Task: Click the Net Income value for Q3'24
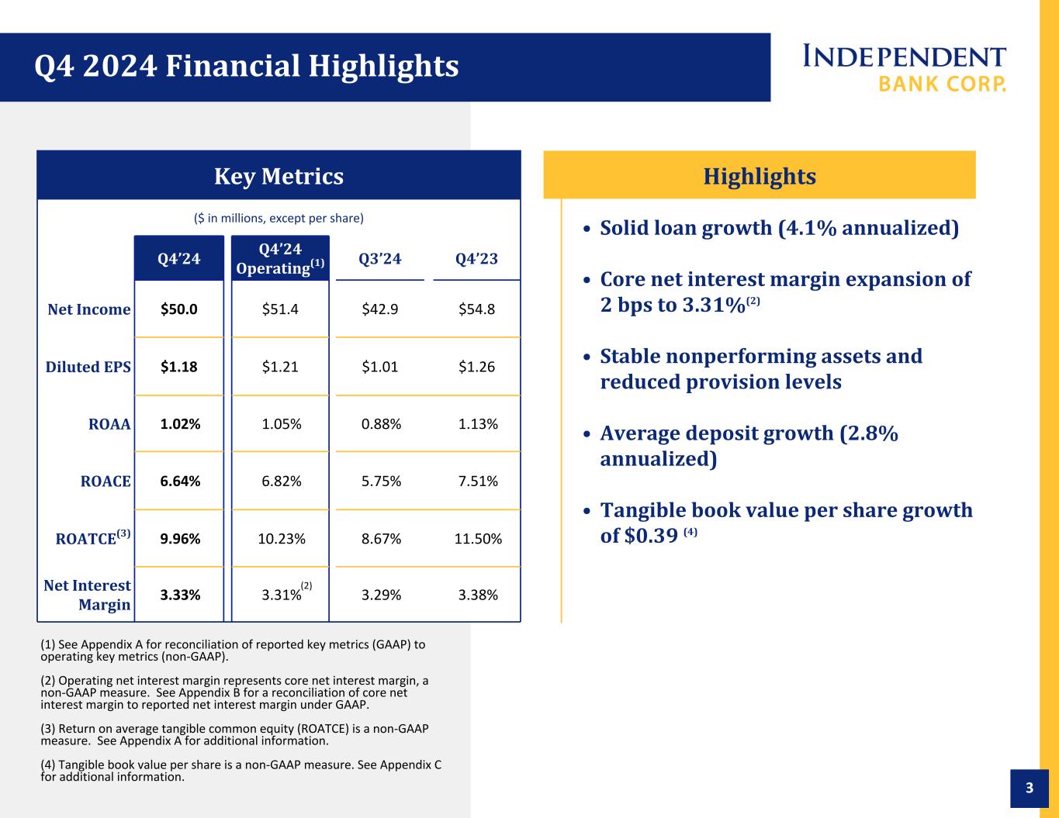[379, 309]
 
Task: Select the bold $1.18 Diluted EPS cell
[179, 367]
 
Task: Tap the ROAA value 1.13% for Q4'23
[478, 424]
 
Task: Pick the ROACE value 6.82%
[281, 481]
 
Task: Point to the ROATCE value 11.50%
[478, 539]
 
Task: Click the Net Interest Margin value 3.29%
[381, 595]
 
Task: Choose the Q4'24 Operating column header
[280, 258]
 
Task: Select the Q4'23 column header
[476, 258]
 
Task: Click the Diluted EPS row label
[88, 367]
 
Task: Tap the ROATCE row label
[93, 537]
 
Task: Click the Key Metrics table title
[279, 176]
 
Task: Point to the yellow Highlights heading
[760, 176]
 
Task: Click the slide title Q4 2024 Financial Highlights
[246, 66]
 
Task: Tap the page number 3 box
[1030, 788]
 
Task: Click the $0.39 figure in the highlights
[651, 536]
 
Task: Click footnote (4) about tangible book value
[241, 771]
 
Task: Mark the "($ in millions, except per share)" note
[279, 218]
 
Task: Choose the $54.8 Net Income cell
[476, 309]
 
